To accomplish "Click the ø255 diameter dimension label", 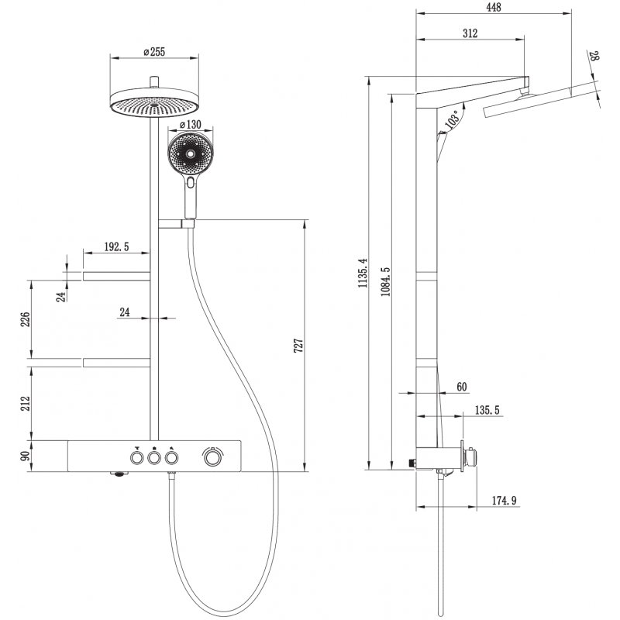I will click(x=156, y=51).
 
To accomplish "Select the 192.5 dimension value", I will click(x=116, y=247).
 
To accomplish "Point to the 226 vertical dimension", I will click(x=25, y=319).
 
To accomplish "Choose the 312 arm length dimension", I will click(x=470, y=33).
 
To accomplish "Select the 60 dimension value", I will click(x=462, y=387).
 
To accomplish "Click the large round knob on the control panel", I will click(x=211, y=458).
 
